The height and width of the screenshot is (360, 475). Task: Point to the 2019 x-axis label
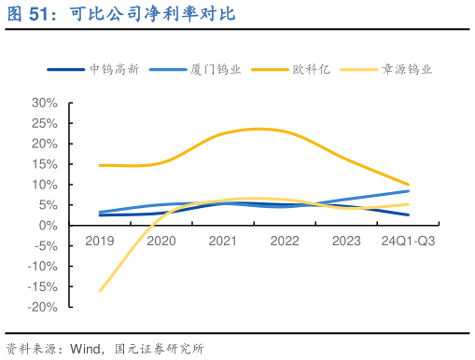99,241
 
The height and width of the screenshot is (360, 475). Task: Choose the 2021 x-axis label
222,241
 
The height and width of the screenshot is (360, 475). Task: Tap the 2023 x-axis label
346,241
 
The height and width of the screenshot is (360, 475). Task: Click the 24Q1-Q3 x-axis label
408,241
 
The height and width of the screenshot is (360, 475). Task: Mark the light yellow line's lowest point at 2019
99,291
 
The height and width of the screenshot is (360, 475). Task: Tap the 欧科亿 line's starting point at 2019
99,165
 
